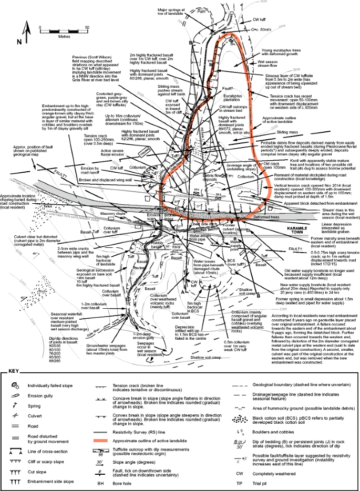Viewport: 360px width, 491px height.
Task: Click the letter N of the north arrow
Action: (x=19, y=41)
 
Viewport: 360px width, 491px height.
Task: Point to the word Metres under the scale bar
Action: (x=64, y=37)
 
